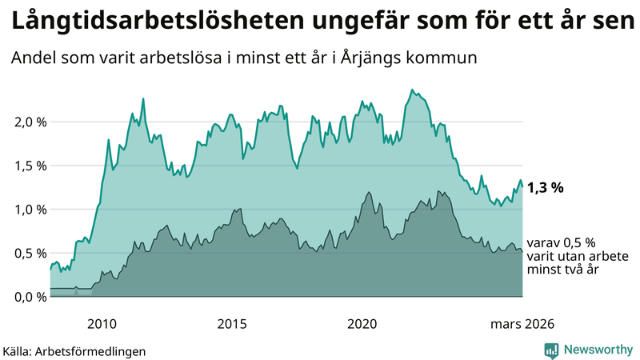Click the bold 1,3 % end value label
[x=546, y=188]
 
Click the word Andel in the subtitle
[x=31, y=58]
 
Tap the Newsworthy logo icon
[x=551, y=350]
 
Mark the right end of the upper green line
[x=522, y=186]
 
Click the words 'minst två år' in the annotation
[x=563, y=270]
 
